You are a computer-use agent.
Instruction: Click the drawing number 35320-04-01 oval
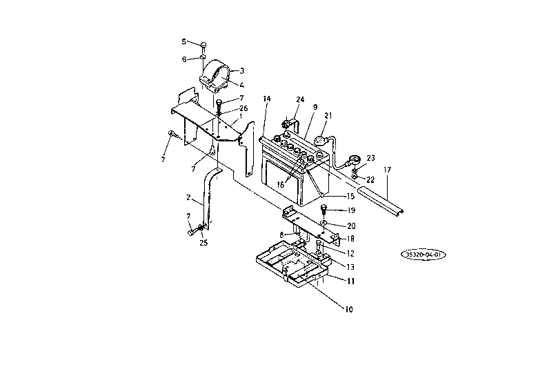(423, 255)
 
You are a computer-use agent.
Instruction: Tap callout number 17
(387, 170)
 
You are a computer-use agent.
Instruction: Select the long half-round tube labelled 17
(381, 200)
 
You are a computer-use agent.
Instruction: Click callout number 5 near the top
(184, 42)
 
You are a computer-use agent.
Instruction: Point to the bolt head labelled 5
(203, 45)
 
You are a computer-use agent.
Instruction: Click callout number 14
(266, 99)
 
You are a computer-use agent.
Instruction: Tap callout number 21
(328, 115)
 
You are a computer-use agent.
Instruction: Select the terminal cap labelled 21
(320, 141)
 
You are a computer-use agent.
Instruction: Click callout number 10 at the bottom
(349, 309)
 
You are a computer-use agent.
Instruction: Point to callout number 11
(351, 281)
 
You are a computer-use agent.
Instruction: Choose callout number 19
(351, 210)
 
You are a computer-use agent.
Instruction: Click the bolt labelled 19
(324, 209)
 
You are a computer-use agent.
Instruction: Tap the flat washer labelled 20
(324, 222)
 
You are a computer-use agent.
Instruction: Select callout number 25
(203, 243)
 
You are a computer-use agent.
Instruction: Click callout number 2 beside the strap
(188, 198)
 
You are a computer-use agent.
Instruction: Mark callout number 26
(243, 108)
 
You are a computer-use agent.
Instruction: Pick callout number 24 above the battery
(300, 99)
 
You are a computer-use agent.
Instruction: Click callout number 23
(370, 158)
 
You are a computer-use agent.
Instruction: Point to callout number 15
(350, 196)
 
